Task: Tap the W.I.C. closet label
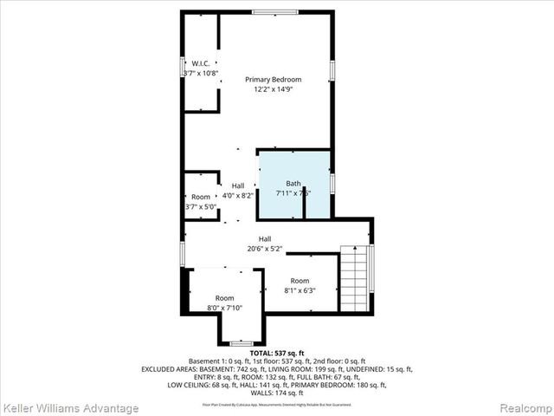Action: (201, 63)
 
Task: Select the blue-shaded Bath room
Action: (294, 185)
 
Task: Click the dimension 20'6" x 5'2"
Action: (265, 248)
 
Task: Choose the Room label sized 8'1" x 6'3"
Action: (300, 281)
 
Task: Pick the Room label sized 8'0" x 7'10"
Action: (225, 298)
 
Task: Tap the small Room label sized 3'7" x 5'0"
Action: (201, 197)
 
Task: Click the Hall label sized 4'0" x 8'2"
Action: (237, 185)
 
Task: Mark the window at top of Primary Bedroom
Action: (275, 12)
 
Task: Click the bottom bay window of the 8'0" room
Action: (242, 344)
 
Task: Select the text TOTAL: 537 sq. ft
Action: (276, 353)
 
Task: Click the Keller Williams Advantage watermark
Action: (70, 407)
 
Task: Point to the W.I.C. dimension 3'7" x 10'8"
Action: (201, 74)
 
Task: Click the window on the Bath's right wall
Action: (332, 185)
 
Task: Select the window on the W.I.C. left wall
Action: (183, 68)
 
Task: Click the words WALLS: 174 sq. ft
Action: (276, 393)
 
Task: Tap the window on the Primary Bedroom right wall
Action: (332, 70)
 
